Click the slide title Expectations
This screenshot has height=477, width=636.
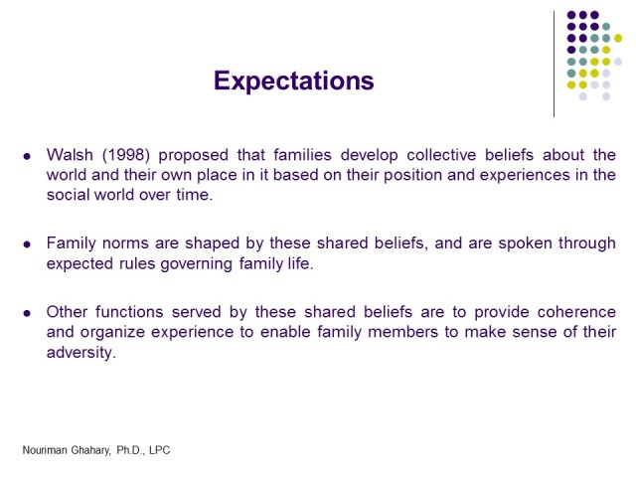(x=293, y=80)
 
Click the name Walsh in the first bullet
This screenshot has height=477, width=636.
(x=71, y=155)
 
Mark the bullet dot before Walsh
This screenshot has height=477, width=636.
(x=28, y=156)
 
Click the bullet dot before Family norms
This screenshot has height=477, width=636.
(x=28, y=244)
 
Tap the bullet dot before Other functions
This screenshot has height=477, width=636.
(x=28, y=313)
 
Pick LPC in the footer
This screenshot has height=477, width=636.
(x=158, y=450)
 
